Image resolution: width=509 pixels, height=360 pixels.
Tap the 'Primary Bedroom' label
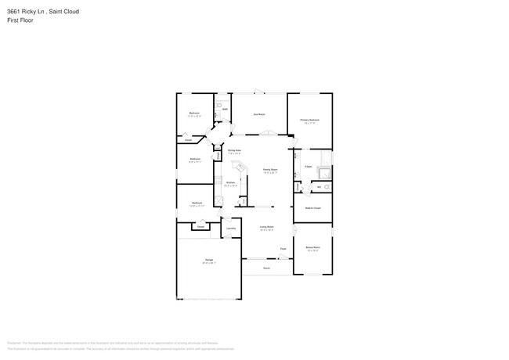click(x=310, y=120)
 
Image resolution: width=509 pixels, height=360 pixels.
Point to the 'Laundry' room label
click(x=232, y=229)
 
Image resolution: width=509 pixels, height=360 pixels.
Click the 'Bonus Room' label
click(x=312, y=247)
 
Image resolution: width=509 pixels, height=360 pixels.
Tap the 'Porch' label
click(x=266, y=268)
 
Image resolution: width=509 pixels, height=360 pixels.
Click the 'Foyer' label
click(x=283, y=250)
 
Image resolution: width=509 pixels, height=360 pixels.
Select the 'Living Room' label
click(x=266, y=227)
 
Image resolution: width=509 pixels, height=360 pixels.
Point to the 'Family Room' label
click(x=269, y=169)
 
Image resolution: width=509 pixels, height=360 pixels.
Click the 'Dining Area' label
click(x=233, y=149)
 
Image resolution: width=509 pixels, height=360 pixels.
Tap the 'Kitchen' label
click(x=230, y=183)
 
